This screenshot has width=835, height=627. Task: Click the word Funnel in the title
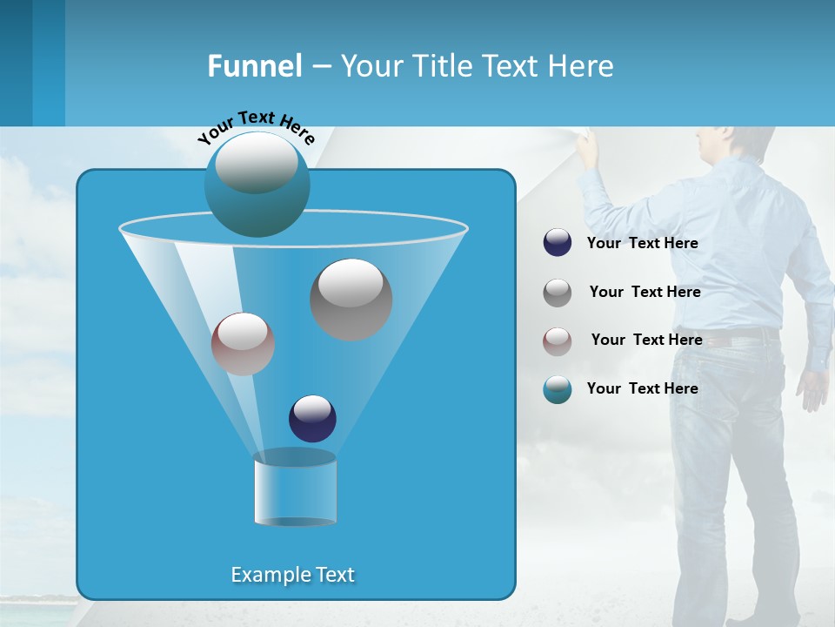254,66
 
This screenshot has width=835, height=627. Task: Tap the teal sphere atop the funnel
257,185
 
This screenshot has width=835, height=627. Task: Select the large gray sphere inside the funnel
351,300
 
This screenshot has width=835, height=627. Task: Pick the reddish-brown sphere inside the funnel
243,344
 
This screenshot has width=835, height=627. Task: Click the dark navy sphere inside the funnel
312,419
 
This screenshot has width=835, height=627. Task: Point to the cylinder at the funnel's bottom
295,489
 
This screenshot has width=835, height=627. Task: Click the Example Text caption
292,575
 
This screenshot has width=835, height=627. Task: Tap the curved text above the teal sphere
256,125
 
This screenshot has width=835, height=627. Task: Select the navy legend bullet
558,243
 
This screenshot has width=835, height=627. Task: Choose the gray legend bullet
558,293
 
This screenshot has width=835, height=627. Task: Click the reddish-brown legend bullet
558,341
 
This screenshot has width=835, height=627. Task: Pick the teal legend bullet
558,389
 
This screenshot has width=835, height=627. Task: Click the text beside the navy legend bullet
642,244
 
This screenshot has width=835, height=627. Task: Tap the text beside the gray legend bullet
645,293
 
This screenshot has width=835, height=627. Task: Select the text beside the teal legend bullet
642,388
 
